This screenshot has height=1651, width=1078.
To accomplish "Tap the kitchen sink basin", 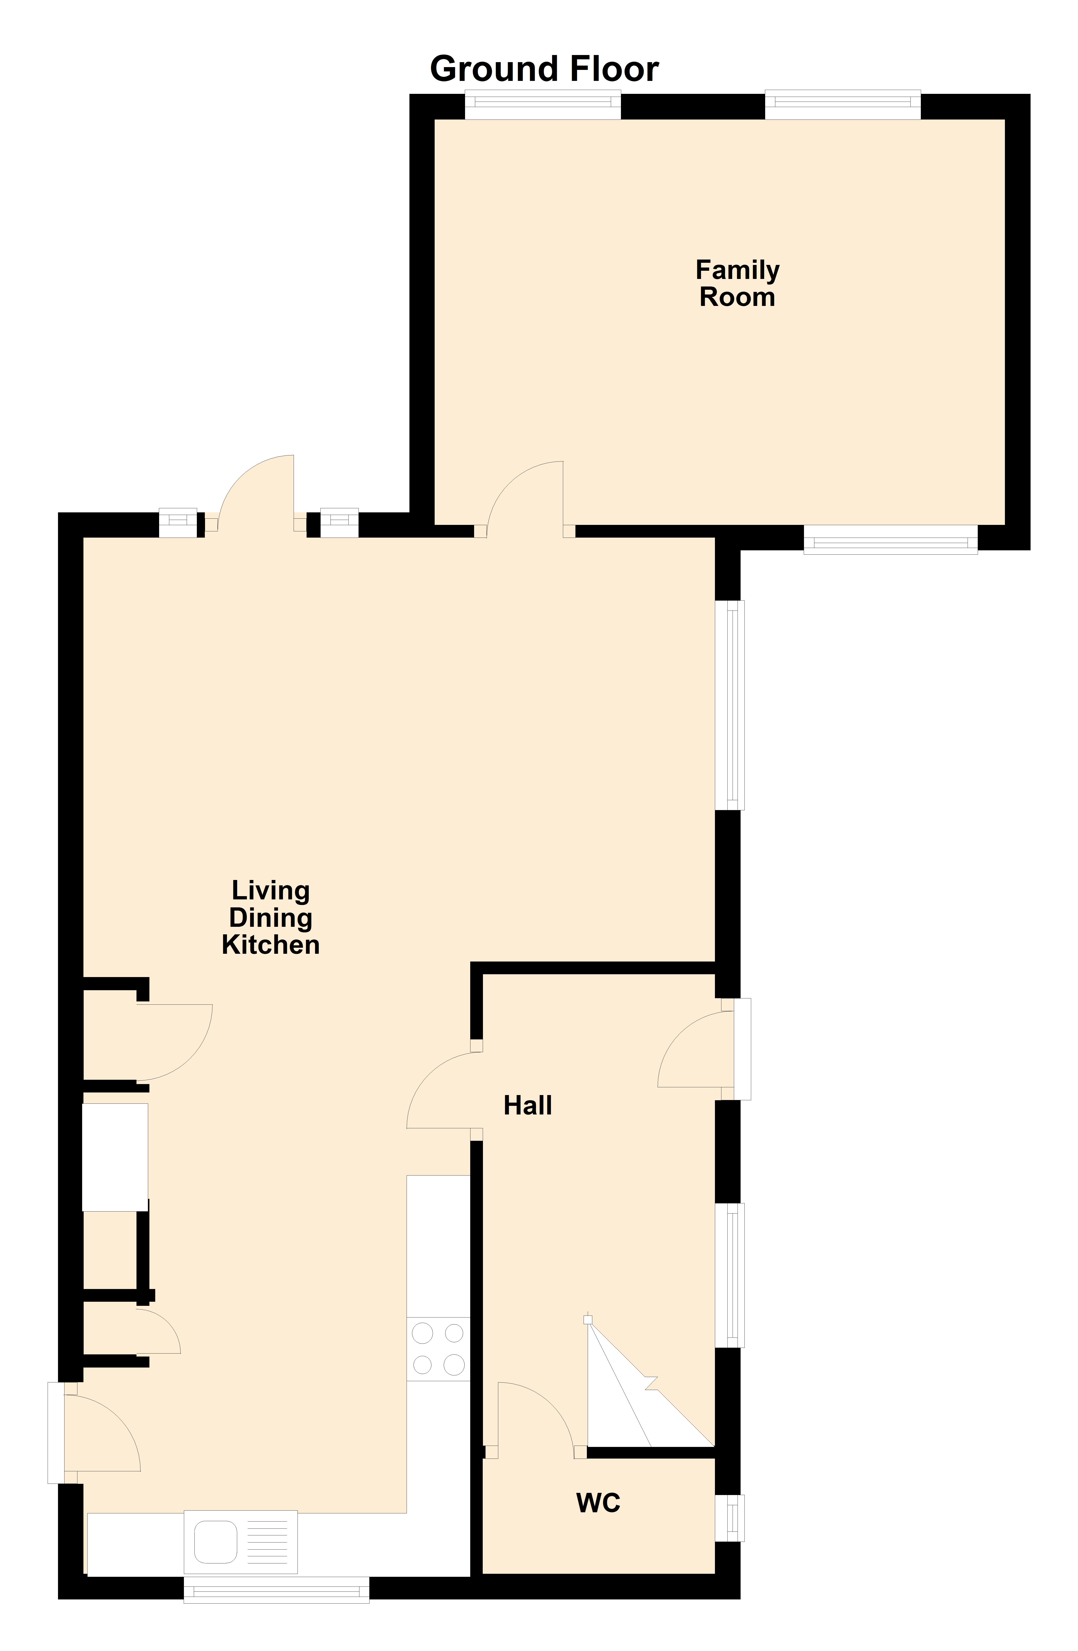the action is [x=215, y=1541].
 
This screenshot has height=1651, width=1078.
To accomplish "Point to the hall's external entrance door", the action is [x=695, y=1049].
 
